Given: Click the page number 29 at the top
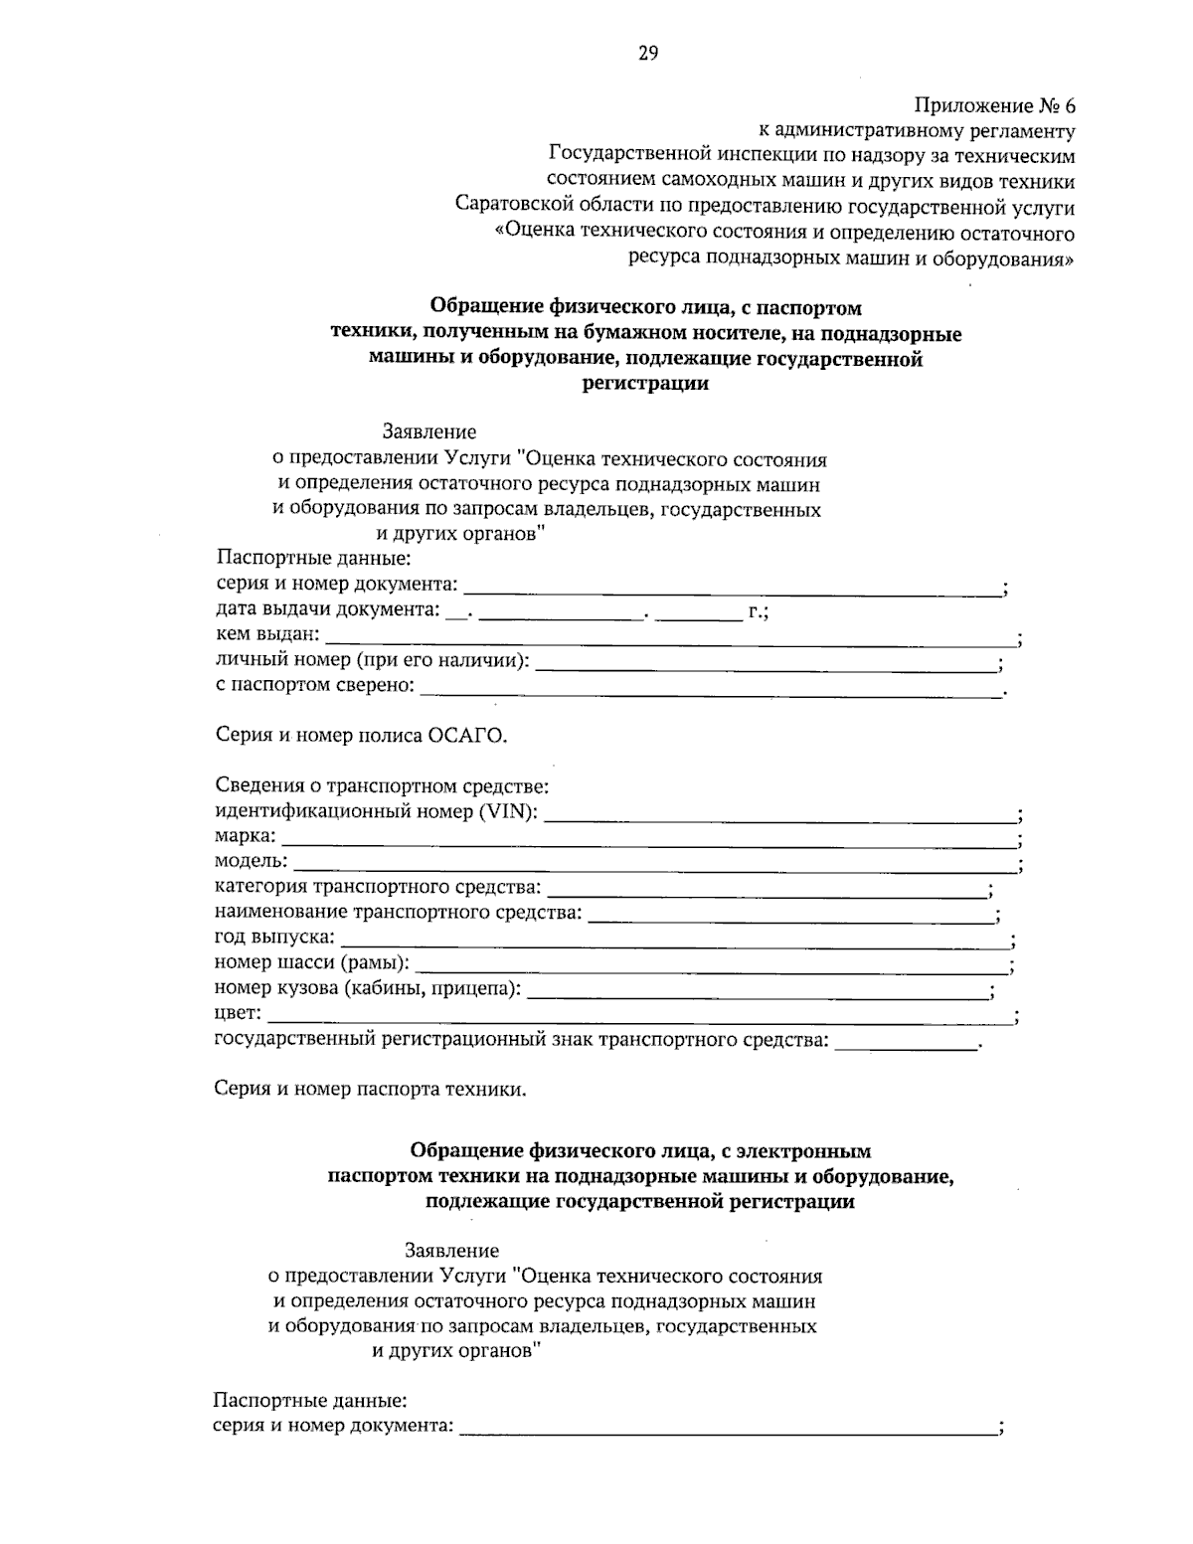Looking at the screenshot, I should tap(647, 54).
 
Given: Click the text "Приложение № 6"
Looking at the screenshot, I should tap(994, 105).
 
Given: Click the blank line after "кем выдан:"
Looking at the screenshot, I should tap(671, 637).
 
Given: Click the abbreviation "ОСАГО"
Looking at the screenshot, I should tap(465, 736).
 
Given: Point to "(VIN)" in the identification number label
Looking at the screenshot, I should tap(508, 812).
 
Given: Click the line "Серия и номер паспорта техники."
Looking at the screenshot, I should tap(370, 1089).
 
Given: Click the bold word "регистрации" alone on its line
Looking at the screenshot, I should tap(645, 384).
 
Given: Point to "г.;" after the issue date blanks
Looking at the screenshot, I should tap(758, 611).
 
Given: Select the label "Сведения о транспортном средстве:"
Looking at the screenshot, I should tap(382, 786).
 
